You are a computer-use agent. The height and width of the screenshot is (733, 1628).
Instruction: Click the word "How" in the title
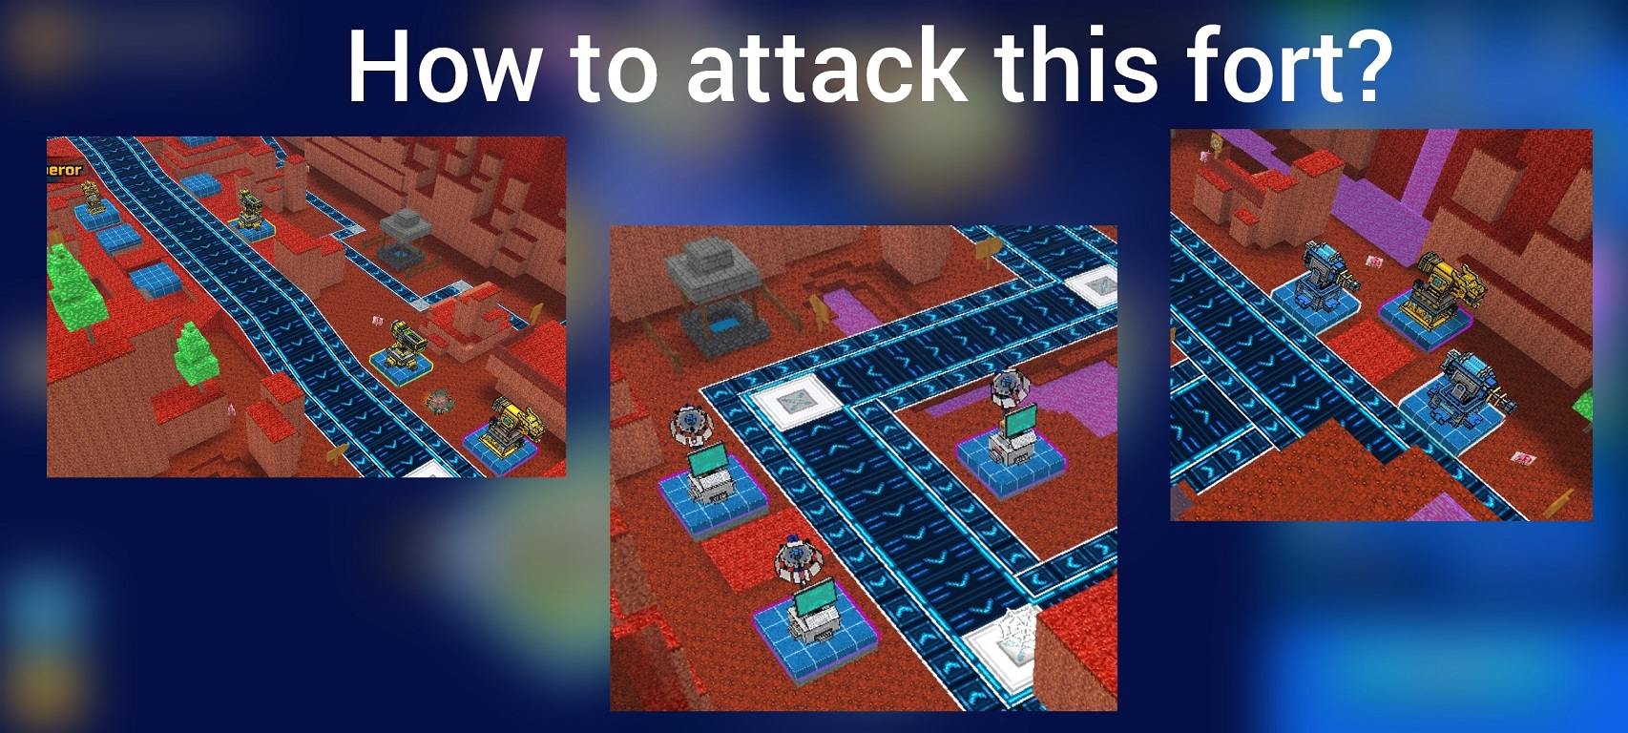(443, 66)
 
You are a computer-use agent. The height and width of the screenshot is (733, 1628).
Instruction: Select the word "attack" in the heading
(825, 66)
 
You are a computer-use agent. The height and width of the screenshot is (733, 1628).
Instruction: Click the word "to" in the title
(614, 66)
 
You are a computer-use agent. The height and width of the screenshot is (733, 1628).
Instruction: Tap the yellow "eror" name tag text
(65, 170)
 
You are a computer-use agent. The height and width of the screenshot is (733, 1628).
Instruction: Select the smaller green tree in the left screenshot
(195, 355)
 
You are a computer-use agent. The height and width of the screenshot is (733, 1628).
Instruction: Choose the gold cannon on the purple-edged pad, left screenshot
(512, 428)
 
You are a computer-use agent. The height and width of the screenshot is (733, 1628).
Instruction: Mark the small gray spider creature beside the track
(439, 401)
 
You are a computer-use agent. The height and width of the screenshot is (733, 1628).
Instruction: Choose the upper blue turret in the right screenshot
(1325, 276)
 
